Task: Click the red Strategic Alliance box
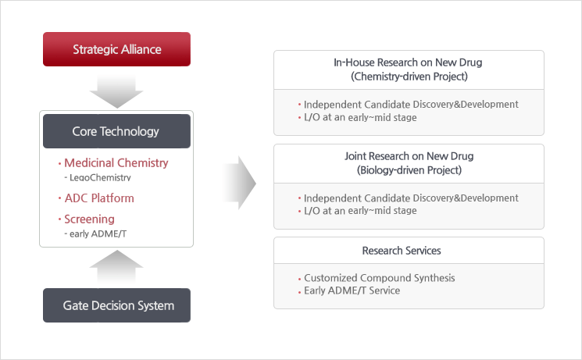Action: point(116,49)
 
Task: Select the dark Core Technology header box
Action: point(116,131)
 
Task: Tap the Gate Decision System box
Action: point(116,305)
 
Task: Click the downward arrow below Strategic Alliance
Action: point(116,91)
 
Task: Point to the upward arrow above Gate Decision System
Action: point(116,267)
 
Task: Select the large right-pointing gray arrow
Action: point(240,183)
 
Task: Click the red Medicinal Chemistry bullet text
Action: point(116,162)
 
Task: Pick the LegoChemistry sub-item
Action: point(100,177)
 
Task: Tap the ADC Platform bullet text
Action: point(99,198)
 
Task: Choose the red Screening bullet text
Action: point(90,219)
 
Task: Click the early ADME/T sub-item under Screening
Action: point(98,233)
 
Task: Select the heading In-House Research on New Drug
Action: point(408,62)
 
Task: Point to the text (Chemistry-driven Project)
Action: point(409,77)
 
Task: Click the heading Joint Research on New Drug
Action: point(409,156)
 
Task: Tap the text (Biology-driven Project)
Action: point(409,170)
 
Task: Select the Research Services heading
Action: point(402,251)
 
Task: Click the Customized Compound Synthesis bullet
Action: point(380,277)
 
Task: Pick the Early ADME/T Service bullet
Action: point(352,290)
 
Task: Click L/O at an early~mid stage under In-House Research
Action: point(360,117)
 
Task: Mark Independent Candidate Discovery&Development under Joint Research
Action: point(411,198)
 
